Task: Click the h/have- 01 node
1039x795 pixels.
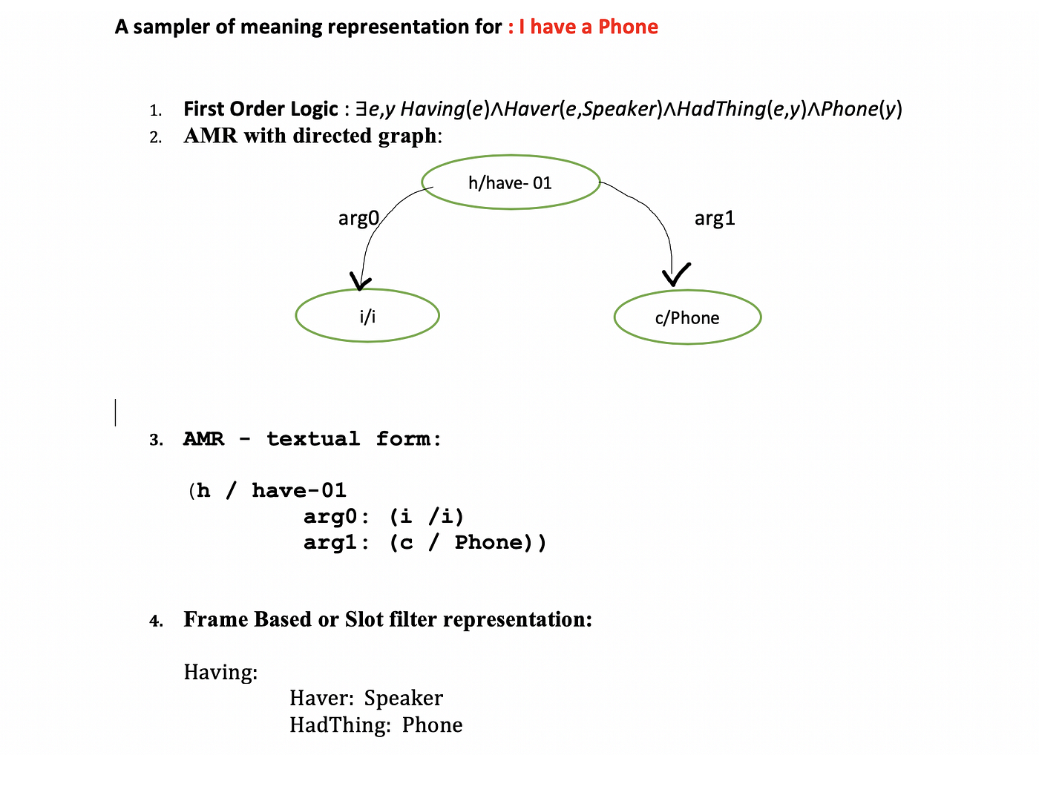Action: click(511, 182)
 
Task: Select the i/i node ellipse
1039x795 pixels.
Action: click(367, 316)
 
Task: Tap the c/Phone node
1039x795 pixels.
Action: click(687, 317)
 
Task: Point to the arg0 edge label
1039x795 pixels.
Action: click(358, 218)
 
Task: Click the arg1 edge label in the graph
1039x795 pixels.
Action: click(715, 218)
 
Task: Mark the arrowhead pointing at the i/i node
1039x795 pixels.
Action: click(361, 283)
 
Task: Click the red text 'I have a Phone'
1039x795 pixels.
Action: click(588, 27)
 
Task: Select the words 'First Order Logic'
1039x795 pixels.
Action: click(260, 109)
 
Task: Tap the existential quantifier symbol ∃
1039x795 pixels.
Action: click(361, 109)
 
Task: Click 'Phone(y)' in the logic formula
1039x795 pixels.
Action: click(862, 109)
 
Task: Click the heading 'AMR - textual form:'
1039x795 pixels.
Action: click(312, 439)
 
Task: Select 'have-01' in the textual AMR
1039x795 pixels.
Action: click(299, 491)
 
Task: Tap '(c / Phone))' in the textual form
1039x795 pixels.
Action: click(468, 543)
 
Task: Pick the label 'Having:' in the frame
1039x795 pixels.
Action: click(220, 673)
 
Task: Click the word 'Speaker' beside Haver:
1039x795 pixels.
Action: click(404, 699)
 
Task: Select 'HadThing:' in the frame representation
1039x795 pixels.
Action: click(340, 725)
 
